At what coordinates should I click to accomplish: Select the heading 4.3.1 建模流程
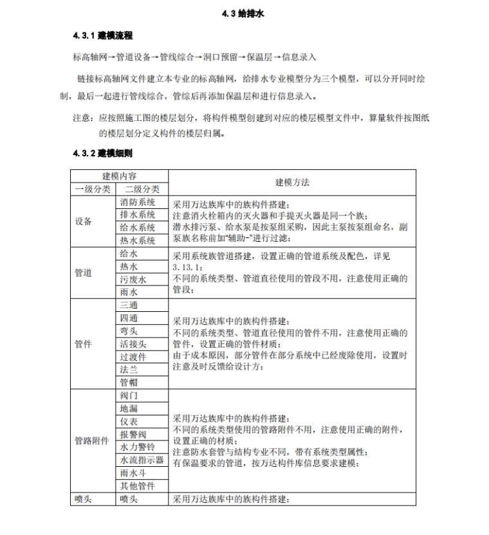tap(103, 35)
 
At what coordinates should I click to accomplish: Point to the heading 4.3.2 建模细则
tap(103, 154)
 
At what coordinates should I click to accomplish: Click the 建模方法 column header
tap(291, 183)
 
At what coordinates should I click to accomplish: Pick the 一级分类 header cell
tap(93, 189)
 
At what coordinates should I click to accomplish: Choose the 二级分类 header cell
tap(142, 189)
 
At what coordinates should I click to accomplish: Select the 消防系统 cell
tap(138, 202)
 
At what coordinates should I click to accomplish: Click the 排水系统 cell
tap(138, 215)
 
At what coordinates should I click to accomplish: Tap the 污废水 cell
tap(133, 280)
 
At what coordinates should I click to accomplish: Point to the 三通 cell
tap(129, 305)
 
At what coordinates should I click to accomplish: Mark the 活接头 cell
tap(133, 344)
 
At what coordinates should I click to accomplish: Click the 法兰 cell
tap(129, 370)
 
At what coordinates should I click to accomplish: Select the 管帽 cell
tap(129, 383)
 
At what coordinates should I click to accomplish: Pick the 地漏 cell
tap(129, 408)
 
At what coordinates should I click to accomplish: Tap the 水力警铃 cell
tap(138, 447)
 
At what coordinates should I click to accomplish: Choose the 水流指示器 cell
tap(142, 460)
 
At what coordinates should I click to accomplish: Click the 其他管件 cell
tap(138, 486)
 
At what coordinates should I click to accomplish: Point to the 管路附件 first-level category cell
tap(93, 441)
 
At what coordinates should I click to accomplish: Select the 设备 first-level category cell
tap(84, 221)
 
